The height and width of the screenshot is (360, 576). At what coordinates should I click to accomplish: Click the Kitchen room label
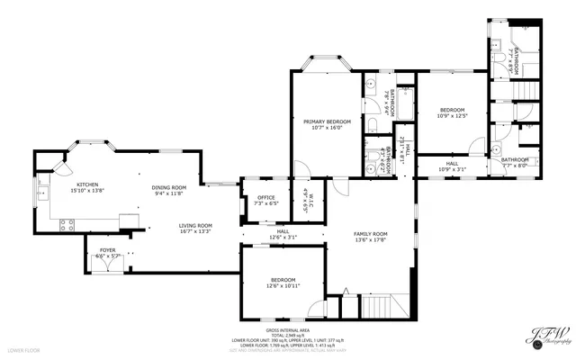coord(87,184)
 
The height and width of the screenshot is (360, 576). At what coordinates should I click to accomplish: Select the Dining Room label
coord(168,186)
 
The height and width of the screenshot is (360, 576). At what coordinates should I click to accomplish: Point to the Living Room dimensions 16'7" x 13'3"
coord(193,231)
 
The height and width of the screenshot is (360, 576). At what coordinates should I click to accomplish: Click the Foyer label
coord(107,251)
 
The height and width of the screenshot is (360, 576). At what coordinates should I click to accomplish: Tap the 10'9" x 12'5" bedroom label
coord(452,109)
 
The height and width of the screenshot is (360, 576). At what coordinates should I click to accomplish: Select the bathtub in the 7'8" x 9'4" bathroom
coord(401,106)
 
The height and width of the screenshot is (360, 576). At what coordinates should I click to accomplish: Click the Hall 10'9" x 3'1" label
coord(452,165)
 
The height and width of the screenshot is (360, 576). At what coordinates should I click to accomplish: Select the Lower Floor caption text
coord(21,349)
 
